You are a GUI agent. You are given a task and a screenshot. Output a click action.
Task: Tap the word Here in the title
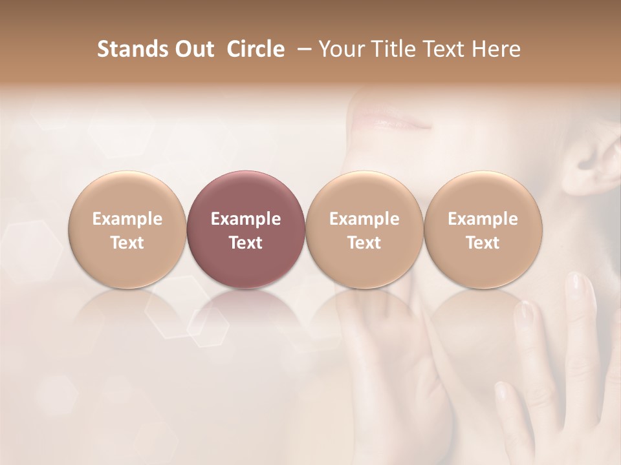point(496,49)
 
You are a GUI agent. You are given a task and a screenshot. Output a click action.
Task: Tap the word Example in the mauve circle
point(246,219)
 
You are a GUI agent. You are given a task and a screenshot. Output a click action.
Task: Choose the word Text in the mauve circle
point(246,243)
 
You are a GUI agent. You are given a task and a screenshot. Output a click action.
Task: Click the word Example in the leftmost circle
point(127,219)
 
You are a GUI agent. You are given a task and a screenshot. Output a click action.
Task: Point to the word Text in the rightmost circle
point(483,243)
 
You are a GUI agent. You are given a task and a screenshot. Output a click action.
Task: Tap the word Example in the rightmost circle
point(483,219)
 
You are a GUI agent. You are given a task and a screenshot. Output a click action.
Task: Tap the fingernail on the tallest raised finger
point(580,285)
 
